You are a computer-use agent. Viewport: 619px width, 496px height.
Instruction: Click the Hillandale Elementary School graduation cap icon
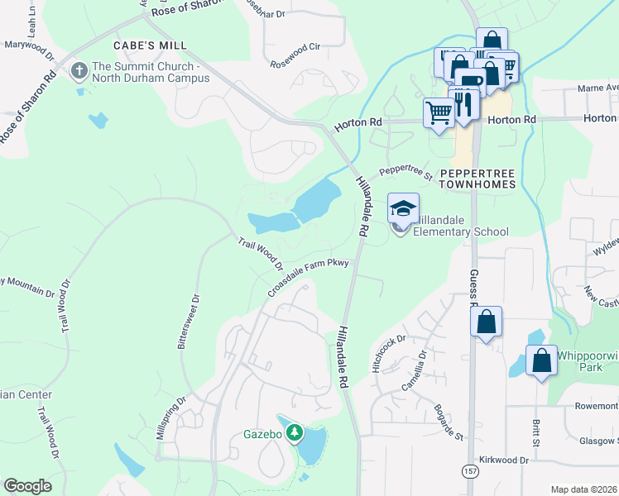pos(403,207)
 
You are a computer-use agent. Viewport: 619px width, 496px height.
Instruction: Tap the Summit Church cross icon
pos(80,71)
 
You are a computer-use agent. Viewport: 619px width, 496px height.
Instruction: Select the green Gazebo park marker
pos(293,432)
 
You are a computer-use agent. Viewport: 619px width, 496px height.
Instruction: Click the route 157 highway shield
pos(470,471)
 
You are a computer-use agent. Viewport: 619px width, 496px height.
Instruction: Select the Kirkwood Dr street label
pos(502,460)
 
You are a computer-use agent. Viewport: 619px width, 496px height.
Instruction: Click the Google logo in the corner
pos(27,485)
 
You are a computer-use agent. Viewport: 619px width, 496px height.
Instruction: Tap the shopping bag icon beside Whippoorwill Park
pos(541,361)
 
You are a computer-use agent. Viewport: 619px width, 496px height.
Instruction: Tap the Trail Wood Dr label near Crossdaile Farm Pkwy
pos(261,255)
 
